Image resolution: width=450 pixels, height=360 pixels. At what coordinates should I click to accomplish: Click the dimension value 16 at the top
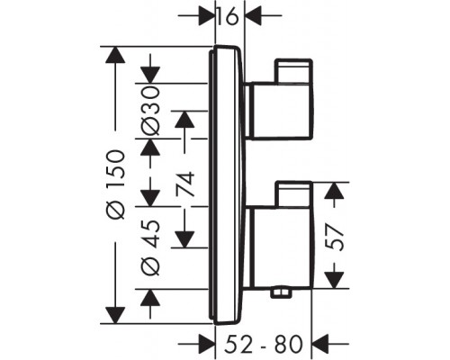point(229,15)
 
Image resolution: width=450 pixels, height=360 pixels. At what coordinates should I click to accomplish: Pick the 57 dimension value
point(334,234)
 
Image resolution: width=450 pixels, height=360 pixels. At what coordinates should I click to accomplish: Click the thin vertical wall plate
point(213,184)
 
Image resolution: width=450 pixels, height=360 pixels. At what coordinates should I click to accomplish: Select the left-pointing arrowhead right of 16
point(253,15)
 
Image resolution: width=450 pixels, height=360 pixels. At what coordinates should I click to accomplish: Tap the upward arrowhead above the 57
point(334,190)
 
